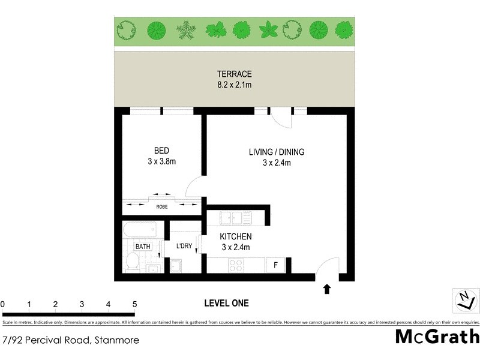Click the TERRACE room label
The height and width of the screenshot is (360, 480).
pyautogui.click(x=235, y=74)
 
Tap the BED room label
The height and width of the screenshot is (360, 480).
pyautogui.click(x=161, y=150)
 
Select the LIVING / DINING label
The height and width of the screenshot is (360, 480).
pyautogui.click(x=277, y=152)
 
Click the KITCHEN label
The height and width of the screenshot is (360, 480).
pyautogui.click(x=236, y=236)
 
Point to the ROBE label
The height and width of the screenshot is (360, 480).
pyautogui.click(x=162, y=206)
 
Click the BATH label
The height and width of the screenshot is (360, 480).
pyautogui.click(x=142, y=246)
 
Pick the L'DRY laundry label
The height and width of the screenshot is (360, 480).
pyautogui.click(x=184, y=246)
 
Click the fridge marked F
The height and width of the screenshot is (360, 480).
pyautogui.click(x=276, y=265)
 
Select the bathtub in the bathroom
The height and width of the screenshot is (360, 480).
pyautogui.click(x=140, y=229)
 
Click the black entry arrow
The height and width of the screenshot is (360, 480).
pyautogui.click(x=327, y=290)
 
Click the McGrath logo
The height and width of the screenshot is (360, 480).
pyautogui.click(x=437, y=337)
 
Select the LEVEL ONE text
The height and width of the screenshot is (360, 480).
pyautogui.click(x=226, y=303)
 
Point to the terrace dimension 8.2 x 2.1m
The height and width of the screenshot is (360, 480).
pyautogui.click(x=235, y=85)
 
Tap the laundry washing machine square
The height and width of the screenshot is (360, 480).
pyautogui.click(x=177, y=266)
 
